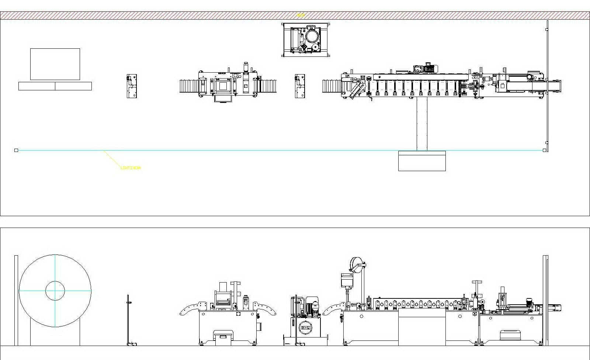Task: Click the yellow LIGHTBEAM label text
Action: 131,168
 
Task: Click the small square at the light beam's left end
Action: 16,150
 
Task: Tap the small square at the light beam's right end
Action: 545,150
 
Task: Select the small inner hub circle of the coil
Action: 55,291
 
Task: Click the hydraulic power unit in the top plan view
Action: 306,40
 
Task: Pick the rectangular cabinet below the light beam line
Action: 422,161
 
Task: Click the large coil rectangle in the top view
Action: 55,64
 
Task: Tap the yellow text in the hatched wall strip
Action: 301,15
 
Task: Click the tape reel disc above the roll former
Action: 356,264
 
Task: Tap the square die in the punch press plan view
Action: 223,86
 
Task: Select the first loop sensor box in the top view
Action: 132,86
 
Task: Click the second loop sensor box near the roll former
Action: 300,86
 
